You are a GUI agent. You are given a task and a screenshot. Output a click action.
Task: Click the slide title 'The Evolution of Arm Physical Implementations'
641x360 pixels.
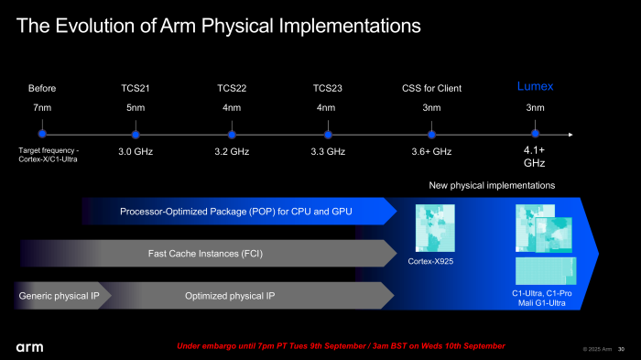pyautogui.click(x=219, y=26)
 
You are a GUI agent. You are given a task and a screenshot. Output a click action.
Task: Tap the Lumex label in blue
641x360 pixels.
pyautogui.click(x=536, y=87)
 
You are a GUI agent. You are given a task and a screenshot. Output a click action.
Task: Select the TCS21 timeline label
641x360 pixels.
pyautogui.click(x=136, y=89)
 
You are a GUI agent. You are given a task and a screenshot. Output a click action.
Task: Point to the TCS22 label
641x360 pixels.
pyautogui.click(x=232, y=89)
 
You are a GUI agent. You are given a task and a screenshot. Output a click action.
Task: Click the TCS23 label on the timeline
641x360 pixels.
pyautogui.click(x=328, y=89)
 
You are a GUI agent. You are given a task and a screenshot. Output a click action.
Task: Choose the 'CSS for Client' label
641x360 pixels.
pyautogui.click(x=431, y=89)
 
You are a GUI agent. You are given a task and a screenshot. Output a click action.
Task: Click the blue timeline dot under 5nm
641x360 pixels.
pyautogui.click(x=136, y=134)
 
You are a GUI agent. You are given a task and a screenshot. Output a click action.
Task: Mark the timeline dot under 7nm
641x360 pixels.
pyautogui.click(x=42, y=134)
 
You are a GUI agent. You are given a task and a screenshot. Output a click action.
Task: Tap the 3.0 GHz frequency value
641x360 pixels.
pyautogui.click(x=136, y=151)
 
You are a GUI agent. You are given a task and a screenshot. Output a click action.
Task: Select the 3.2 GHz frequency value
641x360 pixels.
pyautogui.click(x=232, y=151)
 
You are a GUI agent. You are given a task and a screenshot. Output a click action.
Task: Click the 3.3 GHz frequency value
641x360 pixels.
pyautogui.click(x=328, y=151)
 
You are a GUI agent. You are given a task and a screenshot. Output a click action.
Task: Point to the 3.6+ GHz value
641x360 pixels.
pyautogui.click(x=431, y=151)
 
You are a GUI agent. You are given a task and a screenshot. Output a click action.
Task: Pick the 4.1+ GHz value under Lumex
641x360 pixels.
pyautogui.click(x=535, y=157)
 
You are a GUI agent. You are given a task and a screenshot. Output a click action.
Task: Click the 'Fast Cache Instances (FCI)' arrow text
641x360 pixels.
pyautogui.click(x=203, y=254)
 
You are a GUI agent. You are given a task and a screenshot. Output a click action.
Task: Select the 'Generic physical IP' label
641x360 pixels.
pyautogui.click(x=60, y=296)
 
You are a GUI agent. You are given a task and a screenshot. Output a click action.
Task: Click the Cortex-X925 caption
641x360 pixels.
pyautogui.click(x=431, y=262)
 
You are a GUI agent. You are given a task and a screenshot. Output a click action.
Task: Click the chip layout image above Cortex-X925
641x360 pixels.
pyautogui.click(x=435, y=228)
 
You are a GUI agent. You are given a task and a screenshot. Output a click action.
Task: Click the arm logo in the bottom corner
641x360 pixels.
pyautogui.click(x=29, y=347)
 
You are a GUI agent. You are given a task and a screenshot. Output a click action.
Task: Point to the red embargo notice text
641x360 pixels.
pyautogui.click(x=340, y=346)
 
